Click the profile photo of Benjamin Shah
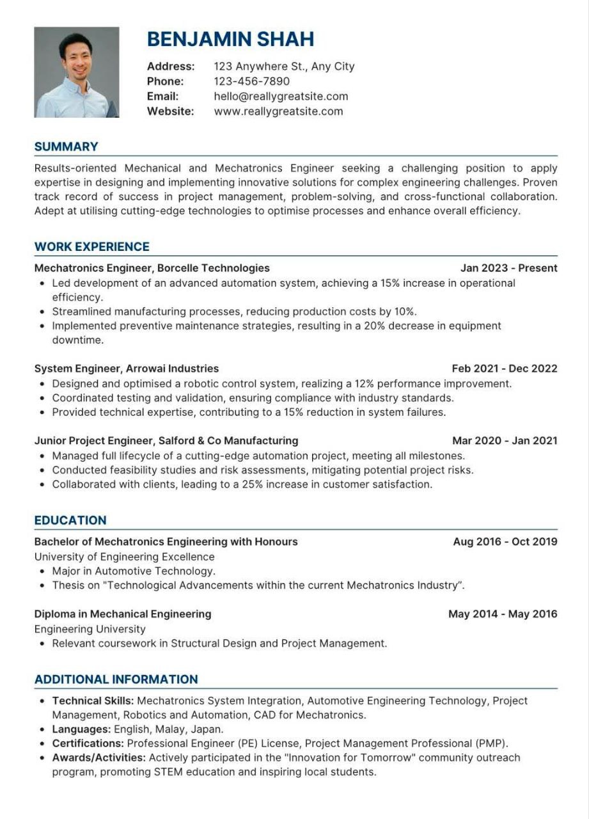[76, 72]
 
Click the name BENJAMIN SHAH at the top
[230, 39]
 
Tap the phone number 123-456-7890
[251, 81]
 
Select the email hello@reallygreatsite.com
[281, 96]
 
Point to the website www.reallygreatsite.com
[278, 111]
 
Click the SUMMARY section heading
[66, 147]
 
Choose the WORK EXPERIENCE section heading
[91, 246]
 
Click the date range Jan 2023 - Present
[508, 268]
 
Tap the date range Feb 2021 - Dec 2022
[504, 369]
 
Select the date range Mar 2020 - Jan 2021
[505, 440]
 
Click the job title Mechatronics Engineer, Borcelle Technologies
[152, 268]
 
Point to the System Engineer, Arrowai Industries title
[126, 369]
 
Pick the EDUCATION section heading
[70, 520]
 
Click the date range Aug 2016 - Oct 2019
[505, 541]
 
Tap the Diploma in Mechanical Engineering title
[122, 614]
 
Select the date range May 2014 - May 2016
[503, 614]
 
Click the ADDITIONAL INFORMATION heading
[116, 680]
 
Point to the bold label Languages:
[81, 729]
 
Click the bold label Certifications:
[88, 743]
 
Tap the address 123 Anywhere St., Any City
[284, 66]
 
